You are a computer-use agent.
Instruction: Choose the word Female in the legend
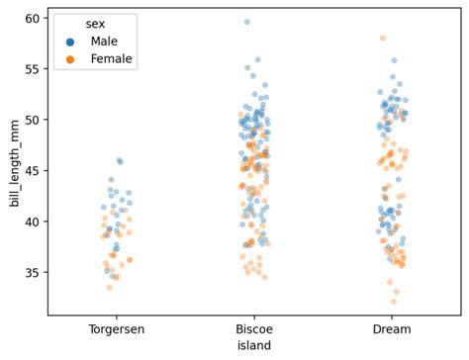[111, 58]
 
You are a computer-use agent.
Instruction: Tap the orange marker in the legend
[69, 58]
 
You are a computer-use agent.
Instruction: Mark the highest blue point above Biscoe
[246, 22]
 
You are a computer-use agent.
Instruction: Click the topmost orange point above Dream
[382, 39]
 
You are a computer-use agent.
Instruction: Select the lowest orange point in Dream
[394, 302]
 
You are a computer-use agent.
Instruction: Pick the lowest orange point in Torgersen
[110, 287]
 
